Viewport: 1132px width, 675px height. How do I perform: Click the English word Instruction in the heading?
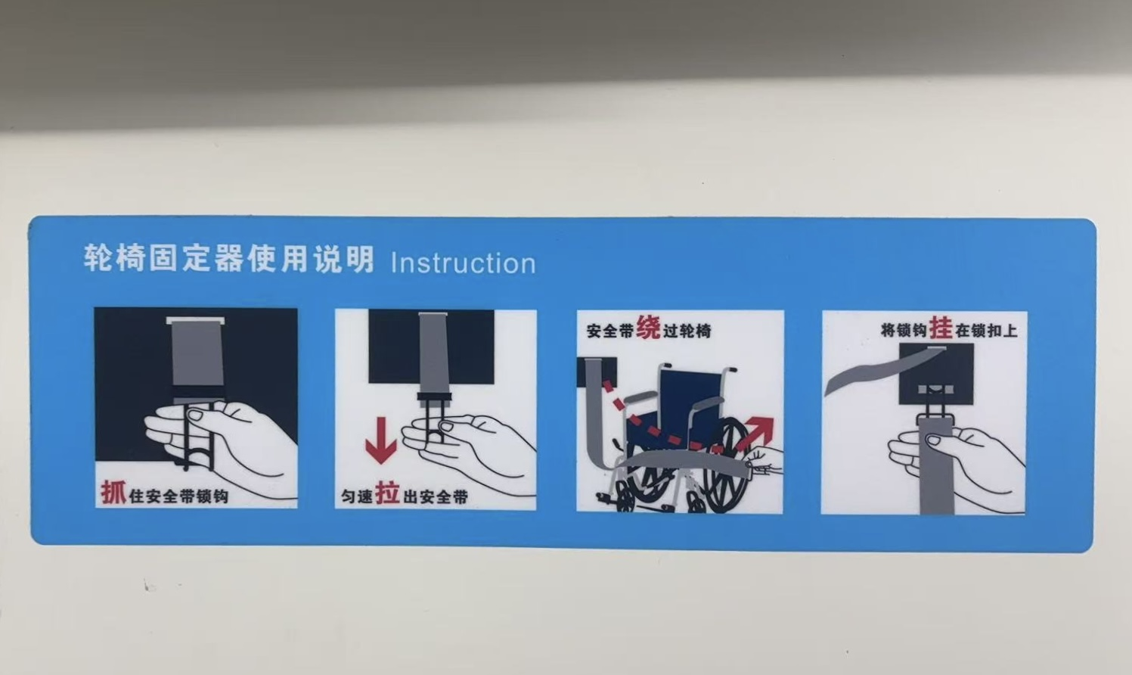[x=463, y=263]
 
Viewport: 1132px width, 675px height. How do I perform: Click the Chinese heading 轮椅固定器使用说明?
[x=228, y=259]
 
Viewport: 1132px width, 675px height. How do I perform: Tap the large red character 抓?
[x=113, y=493]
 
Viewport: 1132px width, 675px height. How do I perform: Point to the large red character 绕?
[x=648, y=328]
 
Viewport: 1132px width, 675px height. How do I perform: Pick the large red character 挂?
[x=941, y=328]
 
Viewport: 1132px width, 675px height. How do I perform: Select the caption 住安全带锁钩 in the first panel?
[x=178, y=496]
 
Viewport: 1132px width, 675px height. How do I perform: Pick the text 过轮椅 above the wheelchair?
[x=687, y=331]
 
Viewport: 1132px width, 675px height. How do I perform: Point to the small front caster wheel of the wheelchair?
[x=625, y=499]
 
